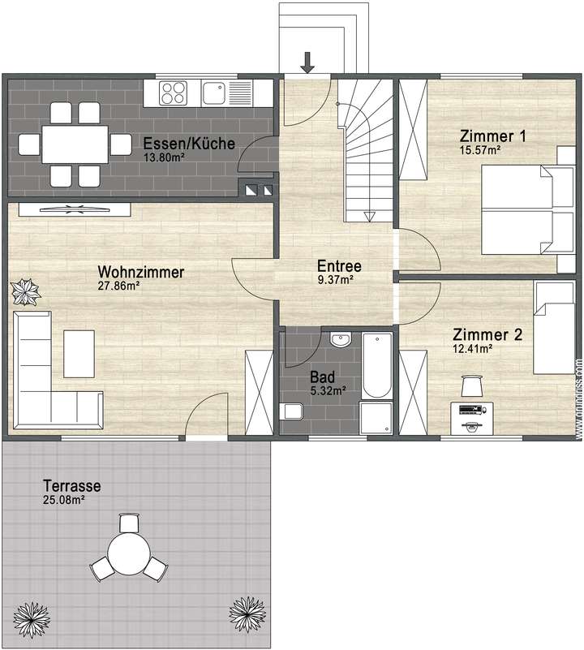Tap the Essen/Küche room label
point(189,144)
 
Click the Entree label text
point(339,266)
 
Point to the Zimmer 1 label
point(492,136)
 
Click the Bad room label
point(322,377)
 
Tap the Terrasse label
point(73,486)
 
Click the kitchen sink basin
point(215,93)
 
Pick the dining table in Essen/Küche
point(75,144)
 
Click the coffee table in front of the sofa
point(79,353)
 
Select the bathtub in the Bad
point(377,364)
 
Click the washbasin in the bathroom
point(340,339)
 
